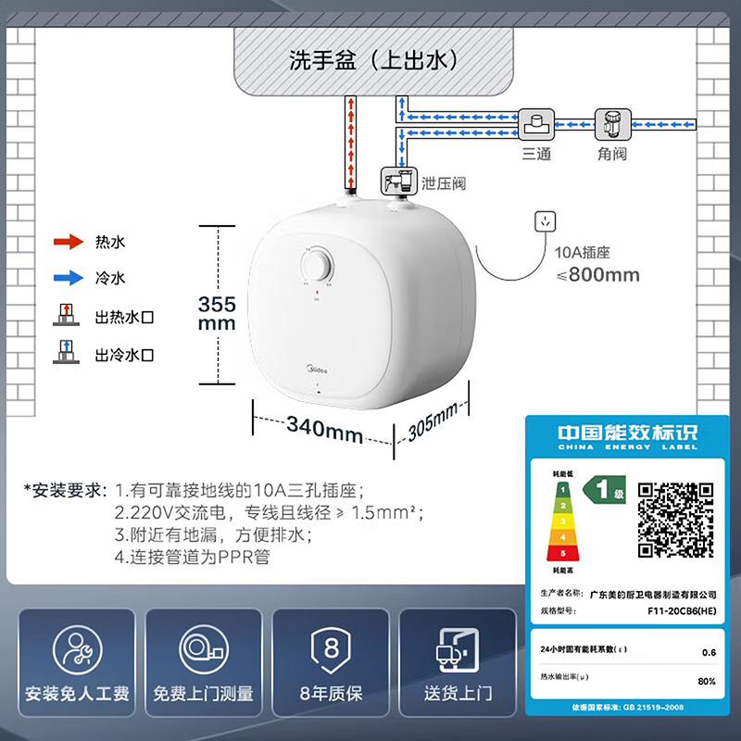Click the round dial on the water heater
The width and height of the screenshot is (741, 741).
click(317, 265)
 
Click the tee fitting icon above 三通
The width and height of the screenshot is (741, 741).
click(536, 123)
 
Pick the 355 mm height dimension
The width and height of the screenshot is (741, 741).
click(218, 313)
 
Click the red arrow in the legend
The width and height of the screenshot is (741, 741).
click(68, 243)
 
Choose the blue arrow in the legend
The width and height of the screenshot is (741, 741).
click(68, 277)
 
